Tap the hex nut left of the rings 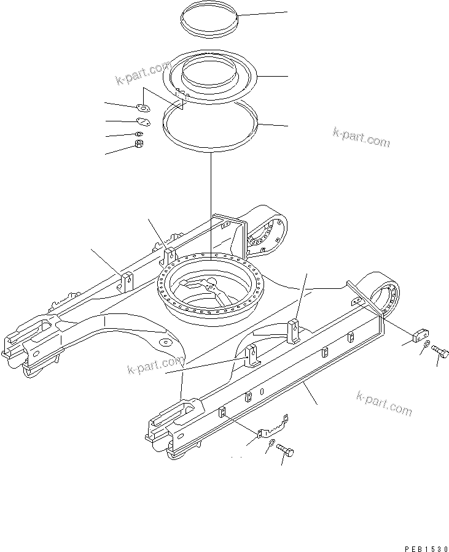[x=139, y=145]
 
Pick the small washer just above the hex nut [x=139, y=134]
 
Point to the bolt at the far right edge [x=440, y=351]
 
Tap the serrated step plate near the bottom [x=273, y=425]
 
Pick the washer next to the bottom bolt [x=271, y=442]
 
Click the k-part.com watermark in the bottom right [x=384, y=402]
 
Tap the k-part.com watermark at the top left [x=143, y=73]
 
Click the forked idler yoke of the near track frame [x=175, y=417]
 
